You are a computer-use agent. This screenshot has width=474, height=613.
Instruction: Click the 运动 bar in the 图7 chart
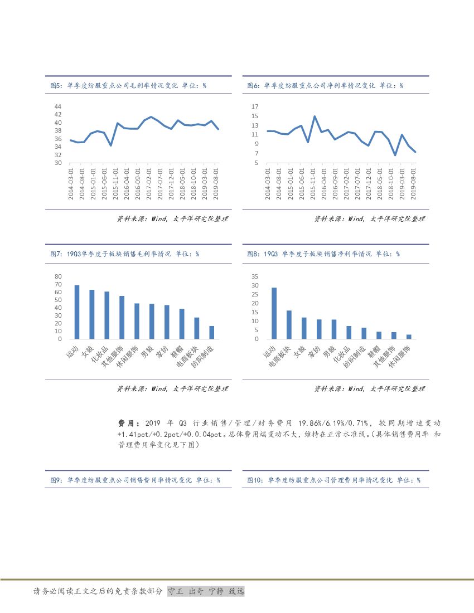pyautogui.click(x=77, y=312)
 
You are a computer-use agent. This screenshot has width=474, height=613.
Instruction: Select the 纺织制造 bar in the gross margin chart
pyautogui.click(x=211, y=332)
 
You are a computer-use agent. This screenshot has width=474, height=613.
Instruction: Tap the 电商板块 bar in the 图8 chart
pyautogui.click(x=289, y=324)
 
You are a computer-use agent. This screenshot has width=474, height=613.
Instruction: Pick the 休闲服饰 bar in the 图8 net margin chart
pyautogui.click(x=408, y=337)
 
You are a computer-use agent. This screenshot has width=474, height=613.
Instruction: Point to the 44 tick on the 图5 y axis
pyautogui.click(x=58, y=106)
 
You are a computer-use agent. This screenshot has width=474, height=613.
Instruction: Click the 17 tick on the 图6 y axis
pyautogui.click(x=255, y=106)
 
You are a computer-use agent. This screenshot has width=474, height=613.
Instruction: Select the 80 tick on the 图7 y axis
pyautogui.click(x=58, y=276)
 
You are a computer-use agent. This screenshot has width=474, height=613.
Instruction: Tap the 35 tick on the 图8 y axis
pyautogui.click(x=255, y=276)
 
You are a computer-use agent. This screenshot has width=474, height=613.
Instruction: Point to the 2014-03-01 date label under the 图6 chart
pyautogui.click(x=268, y=183)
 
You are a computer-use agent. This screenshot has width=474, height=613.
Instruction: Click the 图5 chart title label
pyautogui.click(x=128, y=86)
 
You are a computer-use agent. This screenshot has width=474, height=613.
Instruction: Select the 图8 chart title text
pyautogui.click(x=323, y=254)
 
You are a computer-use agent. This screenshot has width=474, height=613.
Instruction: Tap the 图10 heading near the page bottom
pyautogui.click(x=333, y=480)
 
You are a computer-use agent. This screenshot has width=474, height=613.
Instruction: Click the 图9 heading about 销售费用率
pyautogui.click(x=135, y=480)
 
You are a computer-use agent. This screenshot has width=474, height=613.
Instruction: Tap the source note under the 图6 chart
pyautogui.click(x=369, y=219)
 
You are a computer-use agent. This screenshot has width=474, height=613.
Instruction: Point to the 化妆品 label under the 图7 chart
pyautogui.click(x=99, y=353)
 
